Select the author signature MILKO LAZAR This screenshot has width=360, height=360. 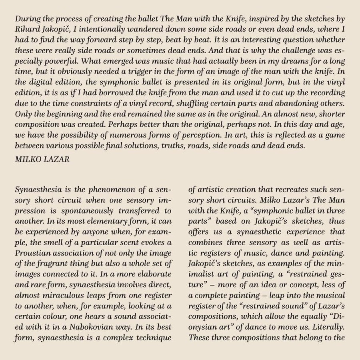click(x=42, y=159)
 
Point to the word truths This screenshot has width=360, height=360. click(x=174, y=146)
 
